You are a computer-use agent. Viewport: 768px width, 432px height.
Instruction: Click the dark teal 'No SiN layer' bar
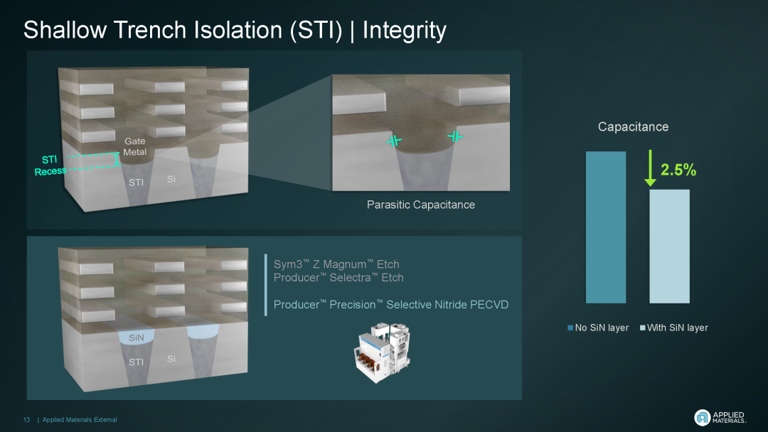pyautogui.click(x=606, y=227)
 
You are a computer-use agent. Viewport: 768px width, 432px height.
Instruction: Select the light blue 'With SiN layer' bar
pyautogui.click(x=670, y=246)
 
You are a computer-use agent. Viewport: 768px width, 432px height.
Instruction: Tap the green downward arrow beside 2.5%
pyautogui.click(x=650, y=168)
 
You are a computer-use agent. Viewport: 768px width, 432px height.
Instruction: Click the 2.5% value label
pyautogui.click(x=678, y=170)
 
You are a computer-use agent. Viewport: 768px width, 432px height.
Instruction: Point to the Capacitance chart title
pyautogui.click(x=634, y=126)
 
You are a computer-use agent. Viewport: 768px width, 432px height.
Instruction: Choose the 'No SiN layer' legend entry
pyautogui.click(x=598, y=328)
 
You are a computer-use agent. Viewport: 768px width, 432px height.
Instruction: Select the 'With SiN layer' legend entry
pyautogui.click(x=674, y=328)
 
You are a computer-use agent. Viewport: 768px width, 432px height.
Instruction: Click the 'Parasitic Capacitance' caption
pyautogui.click(x=421, y=205)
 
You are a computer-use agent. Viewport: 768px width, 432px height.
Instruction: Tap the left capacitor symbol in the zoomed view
pyautogui.click(x=394, y=141)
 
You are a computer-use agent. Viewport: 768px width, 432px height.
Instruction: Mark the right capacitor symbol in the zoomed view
pyautogui.click(x=456, y=136)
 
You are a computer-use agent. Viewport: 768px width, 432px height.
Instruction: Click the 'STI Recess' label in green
pyautogui.click(x=50, y=166)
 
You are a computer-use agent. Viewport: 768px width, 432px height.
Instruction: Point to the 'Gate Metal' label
pyautogui.click(x=134, y=146)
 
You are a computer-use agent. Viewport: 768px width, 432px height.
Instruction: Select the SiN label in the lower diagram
pyautogui.click(x=136, y=337)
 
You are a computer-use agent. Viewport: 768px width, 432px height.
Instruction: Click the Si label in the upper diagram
pyautogui.click(x=171, y=179)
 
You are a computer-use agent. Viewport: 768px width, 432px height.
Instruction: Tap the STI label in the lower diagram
pyautogui.click(x=136, y=362)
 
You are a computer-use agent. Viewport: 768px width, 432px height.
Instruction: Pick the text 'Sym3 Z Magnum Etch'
pyautogui.click(x=336, y=264)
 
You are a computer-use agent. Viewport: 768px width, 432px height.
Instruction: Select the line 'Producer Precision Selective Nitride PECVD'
pyautogui.click(x=391, y=304)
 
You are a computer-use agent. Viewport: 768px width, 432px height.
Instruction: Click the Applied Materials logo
pyautogui.click(x=720, y=417)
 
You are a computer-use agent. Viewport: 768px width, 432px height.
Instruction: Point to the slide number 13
pyautogui.click(x=26, y=420)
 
